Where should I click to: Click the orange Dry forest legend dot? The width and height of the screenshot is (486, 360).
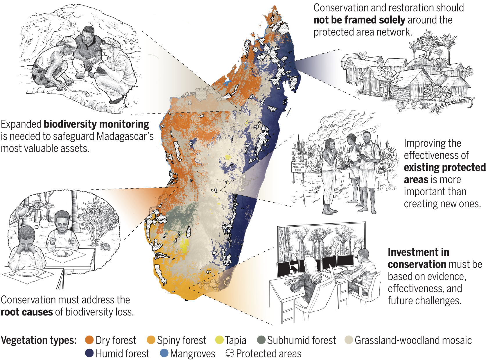click(x=89, y=340)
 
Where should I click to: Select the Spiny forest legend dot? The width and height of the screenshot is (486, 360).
click(x=151, y=340)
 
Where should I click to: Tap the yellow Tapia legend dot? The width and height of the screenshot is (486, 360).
click(x=219, y=340)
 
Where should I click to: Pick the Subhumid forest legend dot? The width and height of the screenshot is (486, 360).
click(x=261, y=340)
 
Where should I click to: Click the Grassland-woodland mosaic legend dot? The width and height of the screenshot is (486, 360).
click(x=349, y=340)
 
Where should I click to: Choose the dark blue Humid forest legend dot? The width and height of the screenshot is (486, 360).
click(x=89, y=353)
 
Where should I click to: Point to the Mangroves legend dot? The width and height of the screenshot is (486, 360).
click(x=164, y=353)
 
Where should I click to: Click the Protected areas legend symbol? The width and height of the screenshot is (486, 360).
click(x=229, y=353)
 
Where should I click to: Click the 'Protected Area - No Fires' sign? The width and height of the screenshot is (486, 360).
click(x=298, y=167)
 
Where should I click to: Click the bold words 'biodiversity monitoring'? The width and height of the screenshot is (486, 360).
click(x=96, y=124)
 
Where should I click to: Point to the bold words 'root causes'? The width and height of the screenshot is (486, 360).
click(x=27, y=312)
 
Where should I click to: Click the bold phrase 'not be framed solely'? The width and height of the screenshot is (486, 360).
click(x=359, y=20)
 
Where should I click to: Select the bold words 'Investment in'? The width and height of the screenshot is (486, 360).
click(x=418, y=252)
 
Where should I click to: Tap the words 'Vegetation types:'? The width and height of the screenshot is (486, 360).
click(x=39, y=340)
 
